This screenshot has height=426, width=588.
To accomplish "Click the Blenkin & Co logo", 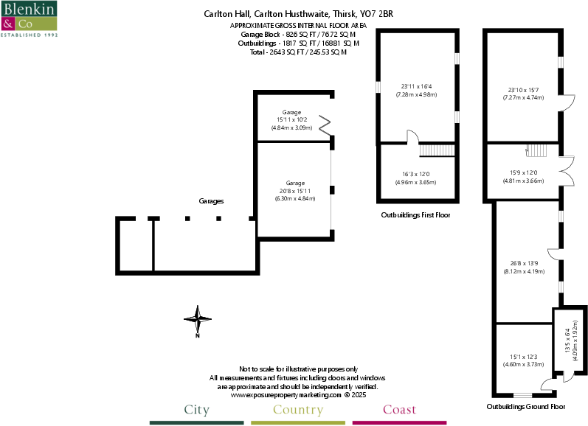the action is (30, 19).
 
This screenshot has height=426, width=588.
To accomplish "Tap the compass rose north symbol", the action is (197, 319).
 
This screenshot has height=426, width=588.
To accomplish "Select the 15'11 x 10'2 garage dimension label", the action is (291, 120).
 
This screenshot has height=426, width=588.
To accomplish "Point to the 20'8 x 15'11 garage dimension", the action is (294, 190).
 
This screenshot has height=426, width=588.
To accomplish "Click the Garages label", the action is (211, 200).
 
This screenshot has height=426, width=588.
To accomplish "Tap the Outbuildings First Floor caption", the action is (415, 215).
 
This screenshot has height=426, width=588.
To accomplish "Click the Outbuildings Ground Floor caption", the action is (525, 406).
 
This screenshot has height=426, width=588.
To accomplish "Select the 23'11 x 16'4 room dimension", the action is (416, 91).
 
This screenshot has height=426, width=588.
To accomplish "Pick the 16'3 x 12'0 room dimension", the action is (416, 178).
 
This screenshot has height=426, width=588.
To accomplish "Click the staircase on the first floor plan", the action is (436, 150).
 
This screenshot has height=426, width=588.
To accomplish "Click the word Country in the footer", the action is (298, 410).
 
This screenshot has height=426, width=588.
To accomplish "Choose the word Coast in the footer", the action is (399, 410).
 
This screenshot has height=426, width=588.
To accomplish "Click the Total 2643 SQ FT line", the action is (298, 52).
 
